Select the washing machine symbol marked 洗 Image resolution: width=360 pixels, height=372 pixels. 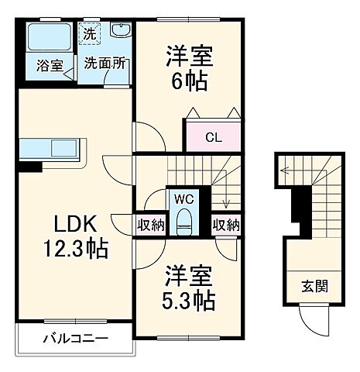90,35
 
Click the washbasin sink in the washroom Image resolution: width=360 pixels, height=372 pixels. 120,32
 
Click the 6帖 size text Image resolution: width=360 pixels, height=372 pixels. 189,81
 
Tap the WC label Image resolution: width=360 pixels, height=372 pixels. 183,199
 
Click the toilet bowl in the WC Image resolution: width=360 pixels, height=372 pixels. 183,222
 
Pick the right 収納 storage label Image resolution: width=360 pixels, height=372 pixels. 225,225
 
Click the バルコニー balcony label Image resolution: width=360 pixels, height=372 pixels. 75,339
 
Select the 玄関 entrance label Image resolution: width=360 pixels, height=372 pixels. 314,285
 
